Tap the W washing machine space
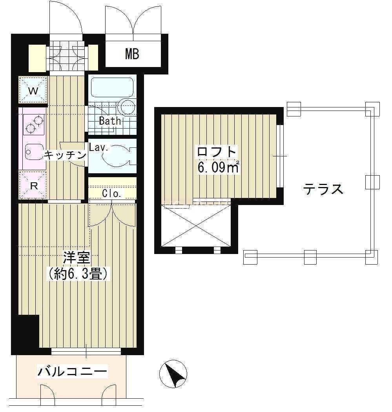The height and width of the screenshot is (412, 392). tap(33, 90)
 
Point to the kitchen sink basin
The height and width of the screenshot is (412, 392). tap(34, 152)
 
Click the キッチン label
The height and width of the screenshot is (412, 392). tap(65, 155)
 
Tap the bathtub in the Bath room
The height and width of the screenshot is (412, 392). tap(112, 88)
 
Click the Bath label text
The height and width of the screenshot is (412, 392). tap(110, 121)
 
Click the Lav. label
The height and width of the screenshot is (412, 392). tap(98, 147)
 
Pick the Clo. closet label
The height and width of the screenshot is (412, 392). tap(111, 194)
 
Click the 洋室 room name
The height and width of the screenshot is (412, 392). tap(77, 258)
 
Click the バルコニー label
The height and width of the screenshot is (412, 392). tap(72, 372)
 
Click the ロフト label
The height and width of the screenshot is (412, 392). tap(217, 152)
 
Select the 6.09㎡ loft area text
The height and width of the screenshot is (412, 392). tap(218, 167)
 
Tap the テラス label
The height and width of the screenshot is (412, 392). tap(323, 189)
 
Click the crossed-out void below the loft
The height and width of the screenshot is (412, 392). tap(196, 226)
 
